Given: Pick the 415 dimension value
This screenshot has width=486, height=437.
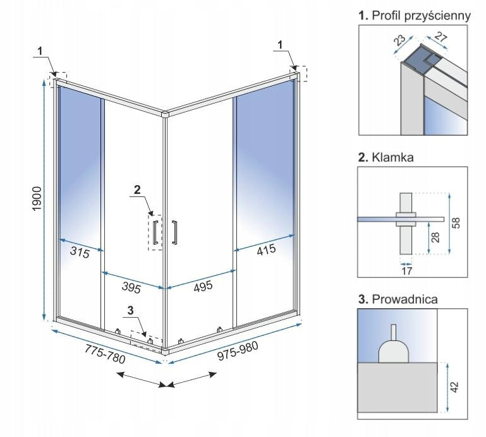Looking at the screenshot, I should [x=266, y=249].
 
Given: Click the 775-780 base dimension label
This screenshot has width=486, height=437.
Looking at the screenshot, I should [x=105, y=357].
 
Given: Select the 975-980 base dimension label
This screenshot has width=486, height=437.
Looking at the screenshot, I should [x=239, y=355].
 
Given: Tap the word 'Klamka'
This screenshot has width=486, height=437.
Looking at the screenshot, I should [x=392, y=158].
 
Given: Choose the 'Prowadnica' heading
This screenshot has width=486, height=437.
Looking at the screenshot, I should [x=405, y=299].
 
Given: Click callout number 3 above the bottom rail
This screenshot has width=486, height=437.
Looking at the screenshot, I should [x=130, y=310].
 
